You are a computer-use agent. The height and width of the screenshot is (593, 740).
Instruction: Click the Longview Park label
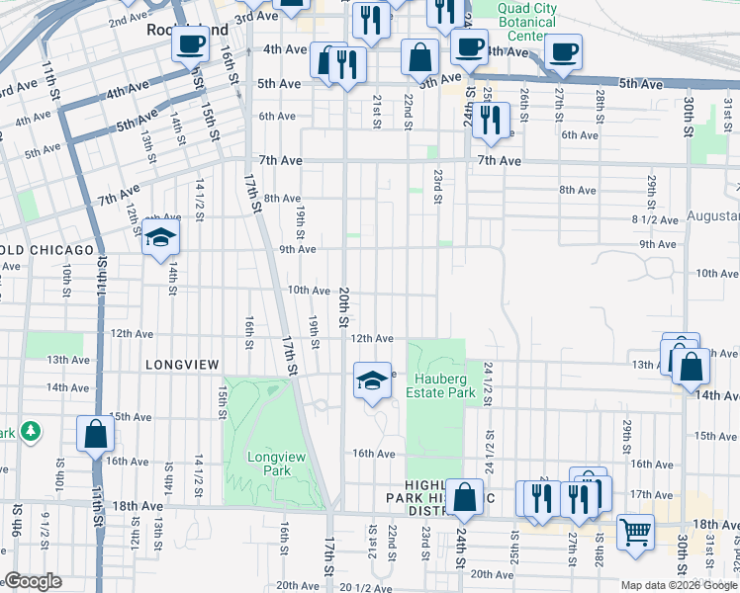[269, 464]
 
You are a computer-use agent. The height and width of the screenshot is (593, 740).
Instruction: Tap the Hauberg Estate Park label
[445, 385]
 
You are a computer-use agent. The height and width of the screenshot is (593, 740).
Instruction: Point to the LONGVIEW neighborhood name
[182, 365]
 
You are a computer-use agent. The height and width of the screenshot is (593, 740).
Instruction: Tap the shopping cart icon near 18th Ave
[636, 532]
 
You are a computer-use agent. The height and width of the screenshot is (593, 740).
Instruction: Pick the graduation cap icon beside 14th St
[160, 238]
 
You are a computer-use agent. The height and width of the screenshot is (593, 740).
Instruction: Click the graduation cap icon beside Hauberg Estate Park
[371, 381]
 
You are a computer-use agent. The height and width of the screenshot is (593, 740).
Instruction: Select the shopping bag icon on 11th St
[96, 435]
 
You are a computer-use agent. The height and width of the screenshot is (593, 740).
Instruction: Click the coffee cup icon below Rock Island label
[192, 43]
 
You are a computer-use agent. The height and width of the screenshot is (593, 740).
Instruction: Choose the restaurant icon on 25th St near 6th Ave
[491, 120]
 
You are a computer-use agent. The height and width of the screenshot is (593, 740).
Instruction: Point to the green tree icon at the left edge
[32, 432]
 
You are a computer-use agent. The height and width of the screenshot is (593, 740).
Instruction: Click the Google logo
[32, 581]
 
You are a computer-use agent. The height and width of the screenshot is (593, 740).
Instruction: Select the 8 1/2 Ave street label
[652, 218]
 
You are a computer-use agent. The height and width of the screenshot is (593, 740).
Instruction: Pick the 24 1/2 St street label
[488, 382]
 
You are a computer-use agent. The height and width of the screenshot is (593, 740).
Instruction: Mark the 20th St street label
[344, 308]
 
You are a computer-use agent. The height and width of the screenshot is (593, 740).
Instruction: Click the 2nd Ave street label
[128, 20]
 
